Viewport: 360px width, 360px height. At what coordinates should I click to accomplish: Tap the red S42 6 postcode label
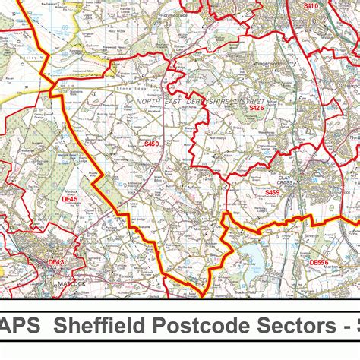click(257, 109)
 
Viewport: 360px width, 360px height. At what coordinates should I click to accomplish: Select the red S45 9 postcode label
click(272, 193)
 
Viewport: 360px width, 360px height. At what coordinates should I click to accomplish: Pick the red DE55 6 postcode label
click(319, 262)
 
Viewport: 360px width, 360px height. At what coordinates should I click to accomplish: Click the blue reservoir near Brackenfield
click(253, 263)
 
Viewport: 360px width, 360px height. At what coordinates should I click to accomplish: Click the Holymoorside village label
click(175, 13)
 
